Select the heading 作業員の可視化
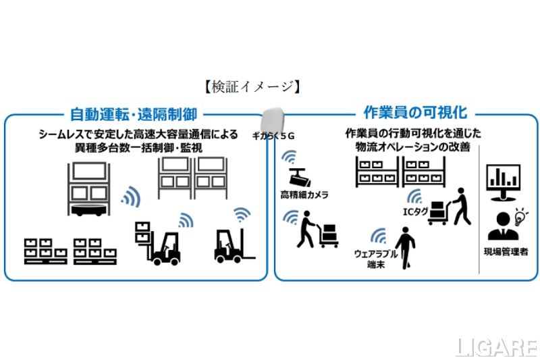(x=405, y=112)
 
